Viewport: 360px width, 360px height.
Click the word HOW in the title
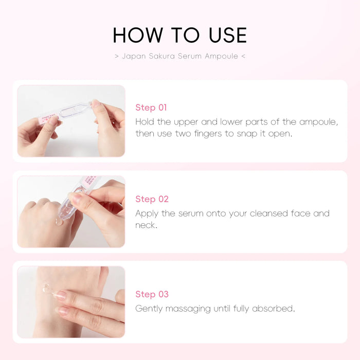coord(138,35)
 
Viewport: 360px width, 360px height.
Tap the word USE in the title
coord(228,35)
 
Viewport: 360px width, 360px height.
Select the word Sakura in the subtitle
coord(162,56)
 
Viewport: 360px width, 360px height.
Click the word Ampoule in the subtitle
coord(221,56)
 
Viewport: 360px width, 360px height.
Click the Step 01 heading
coord(151,107)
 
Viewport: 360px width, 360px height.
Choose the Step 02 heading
coord(152,199)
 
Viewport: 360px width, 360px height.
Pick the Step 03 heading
coord(152,294)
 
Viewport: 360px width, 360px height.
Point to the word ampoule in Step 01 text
coord(319,122)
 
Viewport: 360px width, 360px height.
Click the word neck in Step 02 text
coord(146,225)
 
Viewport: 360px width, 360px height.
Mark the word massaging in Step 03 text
coord(188,309)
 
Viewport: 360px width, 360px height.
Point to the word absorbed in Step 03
coord(273,309)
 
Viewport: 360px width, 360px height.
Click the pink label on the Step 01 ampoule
coord(49,118)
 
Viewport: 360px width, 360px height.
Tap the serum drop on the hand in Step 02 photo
coord(59,222)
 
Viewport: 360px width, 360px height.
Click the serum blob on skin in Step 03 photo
coord(47,289)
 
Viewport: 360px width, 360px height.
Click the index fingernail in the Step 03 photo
coord(60,295)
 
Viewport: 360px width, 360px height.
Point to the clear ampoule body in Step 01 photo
coord(74,110)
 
